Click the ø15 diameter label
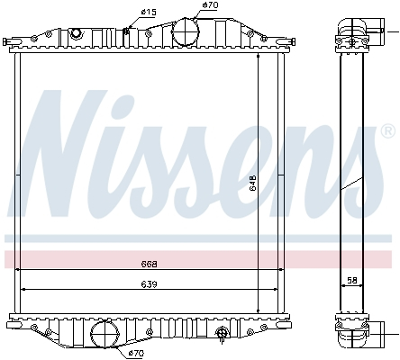149,11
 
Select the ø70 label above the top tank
209,5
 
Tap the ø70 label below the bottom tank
135,353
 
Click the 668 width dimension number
150,264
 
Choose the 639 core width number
150,283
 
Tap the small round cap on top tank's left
76,33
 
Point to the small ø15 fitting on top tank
127,32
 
